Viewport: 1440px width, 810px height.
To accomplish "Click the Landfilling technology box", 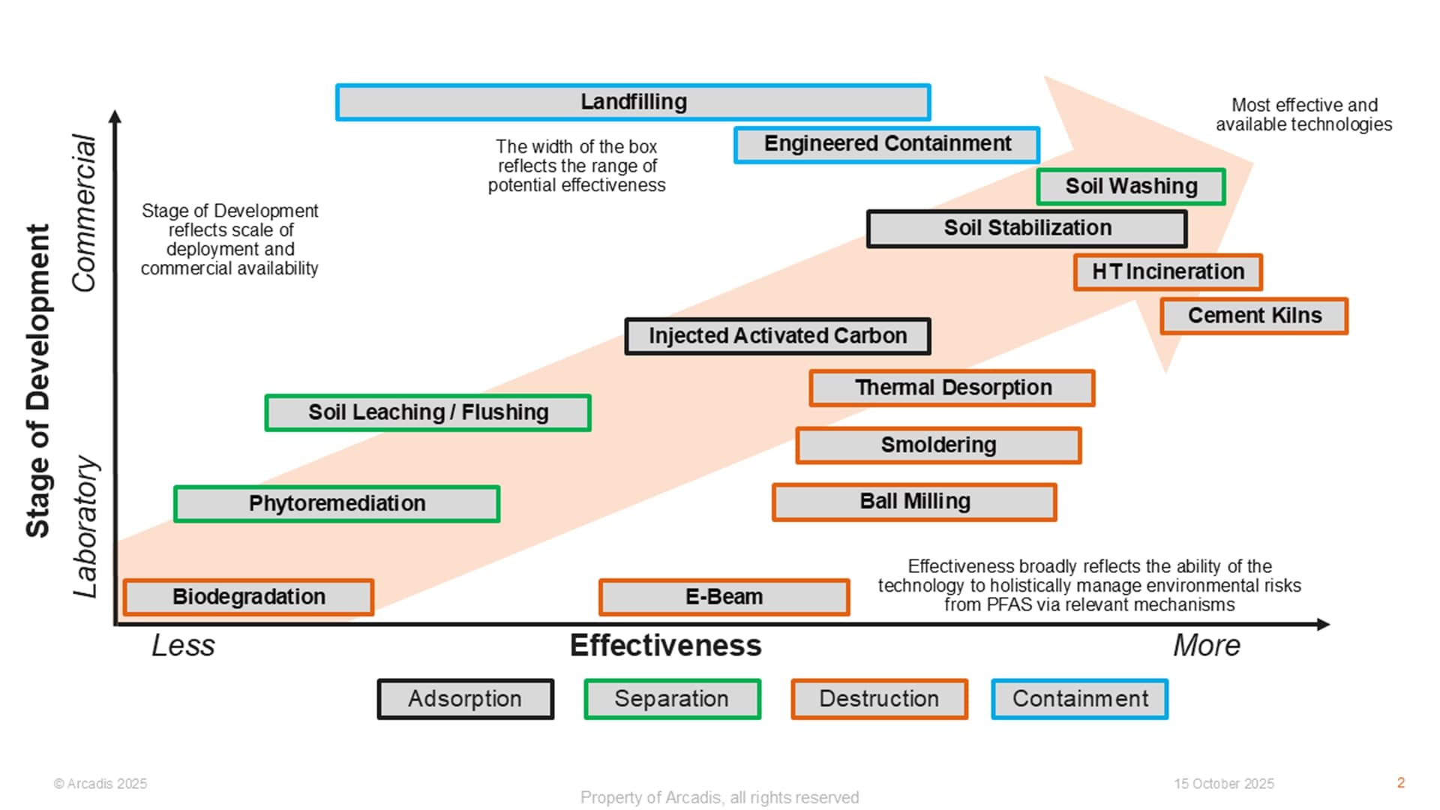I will point(634,103).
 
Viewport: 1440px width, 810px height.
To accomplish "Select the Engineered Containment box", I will point(887,145).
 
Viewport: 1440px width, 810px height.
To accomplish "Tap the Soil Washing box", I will point(1131,187).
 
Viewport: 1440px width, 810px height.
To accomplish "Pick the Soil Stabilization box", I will point(1027,229).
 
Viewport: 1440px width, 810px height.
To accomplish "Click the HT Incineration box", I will point(1168,272).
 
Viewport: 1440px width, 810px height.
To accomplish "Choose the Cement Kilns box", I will point(1254,316).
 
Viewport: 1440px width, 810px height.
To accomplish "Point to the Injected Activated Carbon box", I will point(778,336).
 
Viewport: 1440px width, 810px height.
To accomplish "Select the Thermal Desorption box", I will point(952,388).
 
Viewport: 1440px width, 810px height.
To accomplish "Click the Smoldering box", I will point(938,445).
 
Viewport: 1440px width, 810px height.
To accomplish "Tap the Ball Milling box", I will point(914,502).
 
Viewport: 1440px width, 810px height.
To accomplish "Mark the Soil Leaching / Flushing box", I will point(428,412).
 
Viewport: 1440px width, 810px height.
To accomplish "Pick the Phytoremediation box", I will point(337,503).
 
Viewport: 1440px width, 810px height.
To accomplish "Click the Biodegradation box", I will point(248,597).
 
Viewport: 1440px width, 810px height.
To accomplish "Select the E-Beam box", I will point(724,597).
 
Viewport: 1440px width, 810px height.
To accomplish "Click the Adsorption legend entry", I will point(465,699).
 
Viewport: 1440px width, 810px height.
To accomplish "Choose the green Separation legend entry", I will point(672,699).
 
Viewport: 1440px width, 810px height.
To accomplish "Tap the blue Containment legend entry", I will point(1080,699).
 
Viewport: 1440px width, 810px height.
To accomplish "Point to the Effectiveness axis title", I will point(665,646).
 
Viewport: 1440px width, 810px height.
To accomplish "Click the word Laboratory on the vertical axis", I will point(85,526).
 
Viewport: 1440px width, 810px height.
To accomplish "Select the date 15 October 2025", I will point(1224,784).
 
